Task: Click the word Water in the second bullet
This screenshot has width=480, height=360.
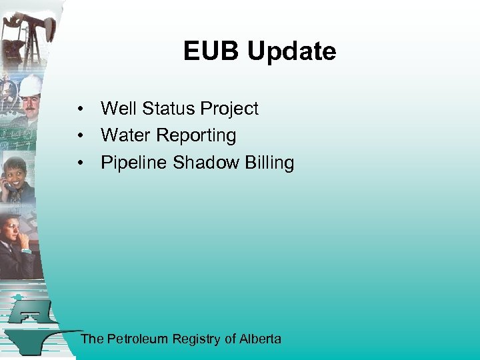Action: coord(125,135)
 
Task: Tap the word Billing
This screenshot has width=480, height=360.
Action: coord(271,163)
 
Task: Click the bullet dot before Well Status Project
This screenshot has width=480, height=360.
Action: coord(79,109)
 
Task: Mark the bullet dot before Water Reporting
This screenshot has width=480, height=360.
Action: coord(79,136)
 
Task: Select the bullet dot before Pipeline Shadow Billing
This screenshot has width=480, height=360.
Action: coord(79,163)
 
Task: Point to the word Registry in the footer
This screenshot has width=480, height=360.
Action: coord(197,339)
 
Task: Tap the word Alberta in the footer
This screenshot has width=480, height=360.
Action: coord(260,339)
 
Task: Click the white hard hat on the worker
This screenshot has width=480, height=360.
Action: coord(30,85)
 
